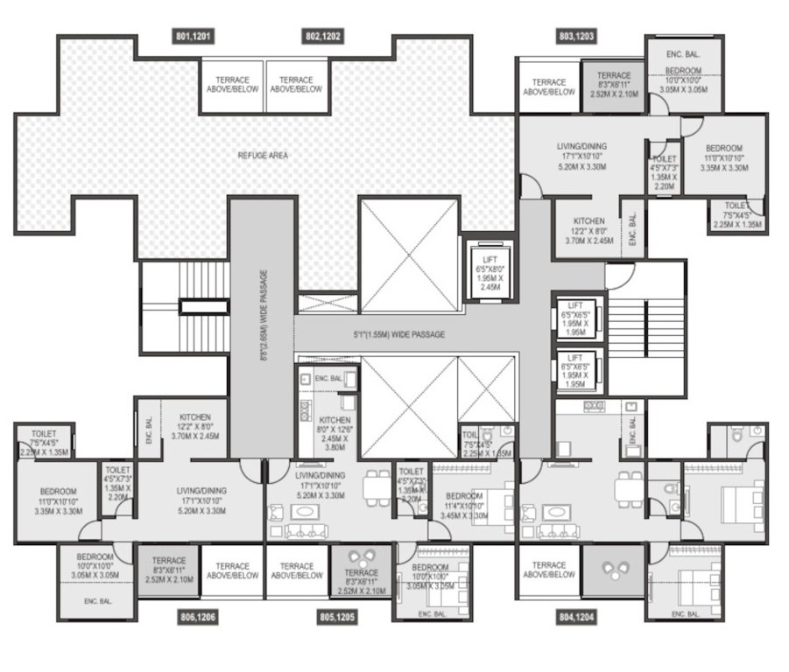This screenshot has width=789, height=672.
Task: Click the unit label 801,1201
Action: [x=194, y=37]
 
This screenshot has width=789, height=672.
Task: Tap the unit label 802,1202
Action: [x=323, y=37]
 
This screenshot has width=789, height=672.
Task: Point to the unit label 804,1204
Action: [x=576, y=617]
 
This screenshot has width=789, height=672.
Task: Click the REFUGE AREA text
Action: [x=262, y=156]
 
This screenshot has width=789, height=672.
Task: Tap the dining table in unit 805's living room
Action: [x=378, y=486]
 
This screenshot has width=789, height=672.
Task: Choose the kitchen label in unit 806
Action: [x=194, y=426]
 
